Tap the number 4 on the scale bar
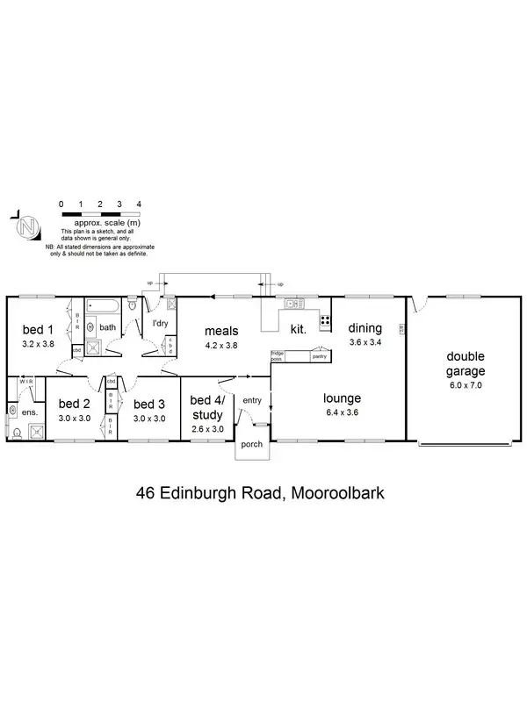coord(139,204)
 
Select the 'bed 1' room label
coord(37,330)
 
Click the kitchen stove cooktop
coord(325,321)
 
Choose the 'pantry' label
coord(320,356)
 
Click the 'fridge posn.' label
coord(277,356)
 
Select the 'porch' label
coord(252,445)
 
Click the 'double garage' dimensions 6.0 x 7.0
coord(466,384)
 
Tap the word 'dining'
coord(365,329)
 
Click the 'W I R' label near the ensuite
coord(25,382)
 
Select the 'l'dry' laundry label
coord(161,324)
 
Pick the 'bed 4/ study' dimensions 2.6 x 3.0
coord(207,429)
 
